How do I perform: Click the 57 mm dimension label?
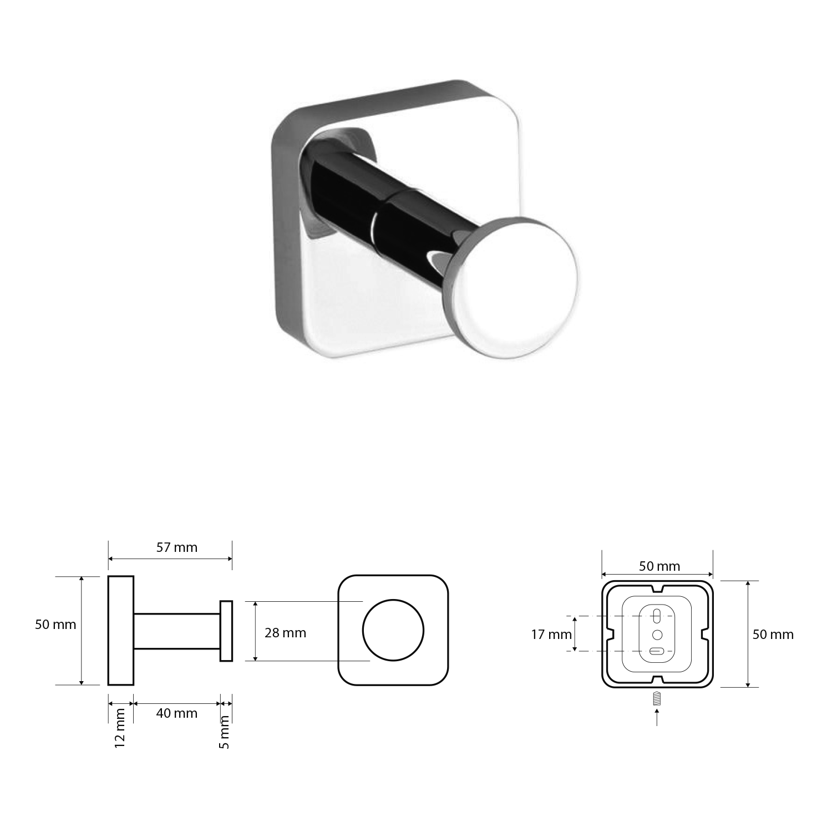point(176,547)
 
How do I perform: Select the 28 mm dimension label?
point(285,632)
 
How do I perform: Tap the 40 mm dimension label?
point(176,713)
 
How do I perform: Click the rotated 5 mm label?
point(224,732)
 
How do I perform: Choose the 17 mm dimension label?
point(551,634)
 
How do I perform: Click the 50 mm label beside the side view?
point(55,625)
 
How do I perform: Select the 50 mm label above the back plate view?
point(659,566)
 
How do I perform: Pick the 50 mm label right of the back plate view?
point(773,634)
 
